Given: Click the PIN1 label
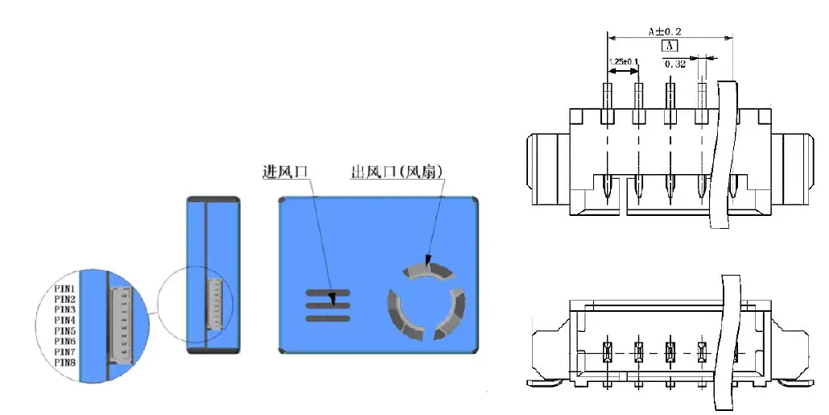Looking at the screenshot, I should click(x=65, y=288).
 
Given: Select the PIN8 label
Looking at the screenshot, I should click(x=65, y=363).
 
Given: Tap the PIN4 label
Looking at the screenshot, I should click(x=65, y=320).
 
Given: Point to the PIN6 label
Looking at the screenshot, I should click(x=65, y=342).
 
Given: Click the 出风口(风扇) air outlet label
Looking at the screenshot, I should click(x=397, y=172).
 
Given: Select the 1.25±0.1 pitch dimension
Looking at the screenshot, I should click(x=623, y=61).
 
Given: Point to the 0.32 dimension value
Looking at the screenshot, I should click(x=674, y=64).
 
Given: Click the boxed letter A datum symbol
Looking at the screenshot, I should click(x=670, y=47).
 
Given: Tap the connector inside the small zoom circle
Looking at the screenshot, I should click(x=214, y=304).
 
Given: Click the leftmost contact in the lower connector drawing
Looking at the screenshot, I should click(x=608, y=351).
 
